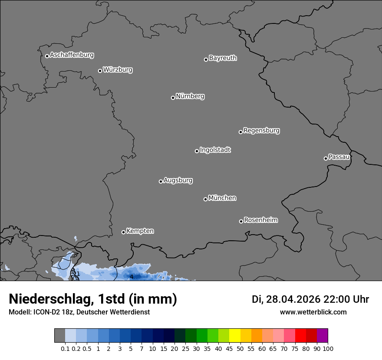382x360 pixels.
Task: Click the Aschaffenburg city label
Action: coord(72,55)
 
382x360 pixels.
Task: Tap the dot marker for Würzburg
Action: coord(100,71)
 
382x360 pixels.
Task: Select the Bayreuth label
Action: coord(223,58)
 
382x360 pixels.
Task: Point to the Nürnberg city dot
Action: coord(173,98)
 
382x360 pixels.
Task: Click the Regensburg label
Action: coord(261,131)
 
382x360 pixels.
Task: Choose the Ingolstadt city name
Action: coord(215,150)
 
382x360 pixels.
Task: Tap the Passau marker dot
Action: coord(326,158)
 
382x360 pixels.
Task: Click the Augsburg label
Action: coord(178,180)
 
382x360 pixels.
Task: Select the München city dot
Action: coord(205,199)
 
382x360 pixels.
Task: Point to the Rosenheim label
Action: coord(260,220)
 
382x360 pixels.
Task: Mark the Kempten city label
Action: coord(140,231)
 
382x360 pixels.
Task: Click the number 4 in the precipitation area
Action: coord(132,277)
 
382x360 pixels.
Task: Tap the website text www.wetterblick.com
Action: coord(313,312)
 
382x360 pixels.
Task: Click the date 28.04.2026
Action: coord(293,299)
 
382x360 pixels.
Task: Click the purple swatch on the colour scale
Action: coord(322,336)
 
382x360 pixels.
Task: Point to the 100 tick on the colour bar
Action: coord(328,348)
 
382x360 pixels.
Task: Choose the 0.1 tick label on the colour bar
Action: coord(65,348)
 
